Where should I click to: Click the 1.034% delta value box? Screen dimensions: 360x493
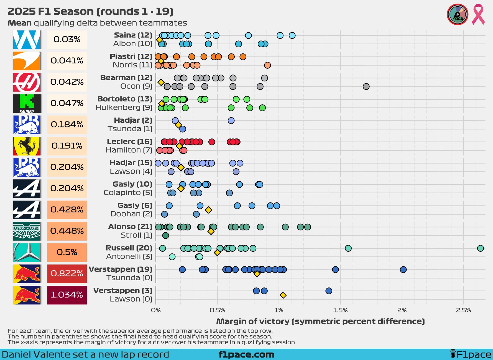(x=67, y=295)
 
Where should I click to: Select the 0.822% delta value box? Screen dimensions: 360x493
(x=67, y=274)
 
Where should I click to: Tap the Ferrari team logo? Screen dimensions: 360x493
(x=27, y=146)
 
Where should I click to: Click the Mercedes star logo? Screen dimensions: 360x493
(x=27, y=252)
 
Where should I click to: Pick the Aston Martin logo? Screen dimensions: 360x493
(x=27, y=231)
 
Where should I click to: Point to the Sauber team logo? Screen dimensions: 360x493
(x=27, y=104)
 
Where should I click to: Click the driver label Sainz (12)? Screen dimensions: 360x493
(x=133, y=35)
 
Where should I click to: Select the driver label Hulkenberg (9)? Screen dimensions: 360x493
(x=124, y=107)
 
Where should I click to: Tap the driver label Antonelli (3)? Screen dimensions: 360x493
(x=129, y=256)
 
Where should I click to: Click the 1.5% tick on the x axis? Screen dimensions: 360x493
(x=340, y=310)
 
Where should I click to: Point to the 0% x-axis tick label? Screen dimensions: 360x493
(x=156, y=310)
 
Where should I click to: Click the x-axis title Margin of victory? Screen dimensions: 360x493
(x=320, y=321)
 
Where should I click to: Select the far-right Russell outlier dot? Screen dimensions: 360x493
(x=480, y=248)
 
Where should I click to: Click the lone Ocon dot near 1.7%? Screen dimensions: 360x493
(x=366, y=86)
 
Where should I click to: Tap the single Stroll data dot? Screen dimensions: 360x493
(x=165, y=235)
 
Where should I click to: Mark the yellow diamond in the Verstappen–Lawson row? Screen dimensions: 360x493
(x=283, y=295)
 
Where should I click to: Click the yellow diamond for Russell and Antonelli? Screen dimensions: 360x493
(x=217, y=253)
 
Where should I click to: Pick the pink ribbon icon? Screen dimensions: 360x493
(x=478, y=14)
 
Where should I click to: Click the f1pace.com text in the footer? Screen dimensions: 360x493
(x=246, y=354)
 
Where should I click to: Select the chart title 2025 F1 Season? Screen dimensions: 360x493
(x=90, y=11)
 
